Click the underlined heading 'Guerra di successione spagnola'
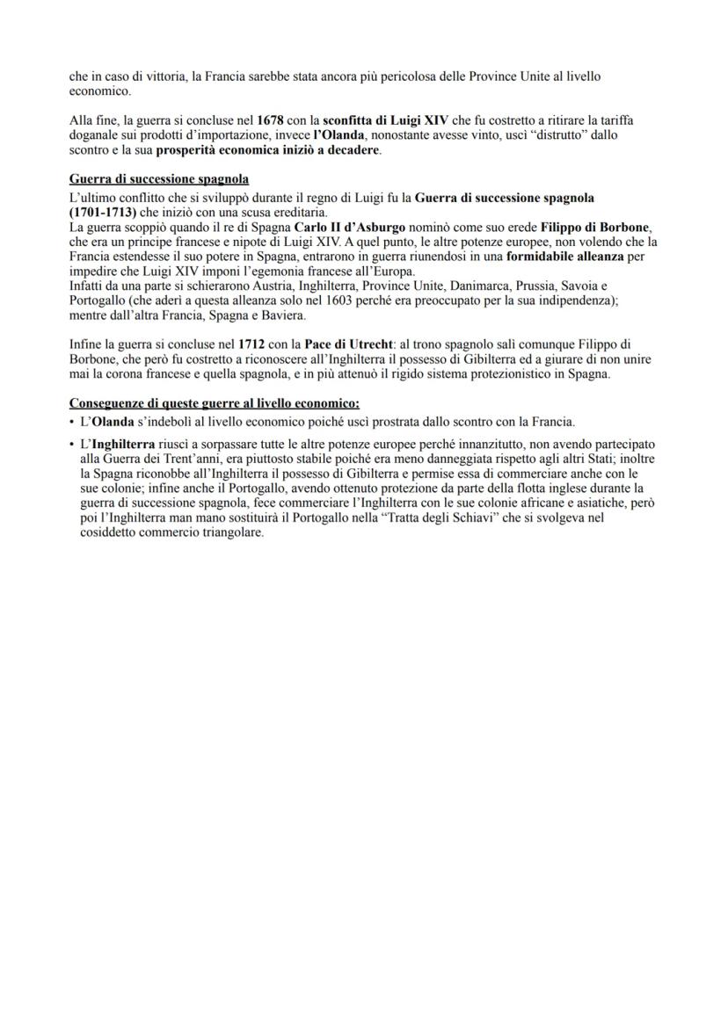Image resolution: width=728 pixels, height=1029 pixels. click(x=159, y=179)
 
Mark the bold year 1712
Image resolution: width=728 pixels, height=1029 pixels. click(x=252, y=344)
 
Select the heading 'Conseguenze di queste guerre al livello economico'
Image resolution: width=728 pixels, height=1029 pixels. click(x=214, y=403)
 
